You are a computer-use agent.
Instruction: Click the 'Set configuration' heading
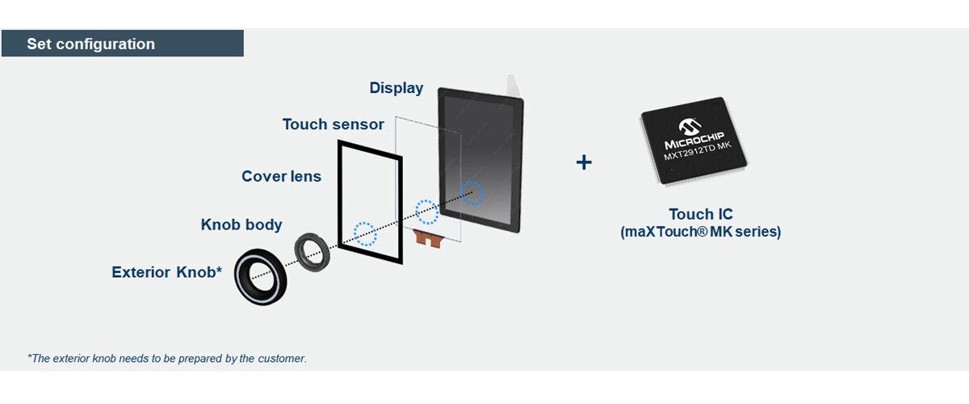click(90, 44)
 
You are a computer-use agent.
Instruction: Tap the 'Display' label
click(396, 88)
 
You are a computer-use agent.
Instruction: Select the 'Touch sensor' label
click(333, 124)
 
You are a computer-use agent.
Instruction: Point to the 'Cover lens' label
click(281, 176)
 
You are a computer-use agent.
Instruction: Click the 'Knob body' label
click(241, 225)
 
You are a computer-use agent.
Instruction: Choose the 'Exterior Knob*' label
click(166, 272)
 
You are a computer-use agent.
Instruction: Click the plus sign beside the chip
click(584, 162)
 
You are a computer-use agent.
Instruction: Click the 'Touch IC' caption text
click(701, 214)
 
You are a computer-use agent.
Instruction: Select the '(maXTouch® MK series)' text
click(701, 232)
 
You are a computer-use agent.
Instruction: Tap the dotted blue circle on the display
click(472, 193)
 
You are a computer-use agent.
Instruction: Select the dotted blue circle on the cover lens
click(366, 234)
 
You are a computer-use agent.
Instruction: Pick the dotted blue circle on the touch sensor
click(427, 212)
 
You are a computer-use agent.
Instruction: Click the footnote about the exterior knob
click(167, 358)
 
